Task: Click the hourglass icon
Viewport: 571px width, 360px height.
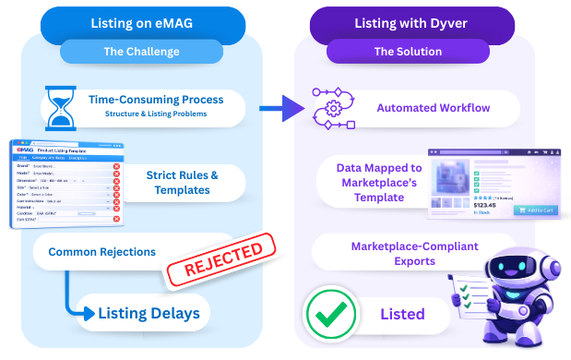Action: point(60,107)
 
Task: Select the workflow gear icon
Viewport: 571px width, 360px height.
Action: point(334,109)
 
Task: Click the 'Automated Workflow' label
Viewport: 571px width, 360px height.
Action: point(433,108)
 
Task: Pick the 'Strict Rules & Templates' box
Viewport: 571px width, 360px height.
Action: point(183,182)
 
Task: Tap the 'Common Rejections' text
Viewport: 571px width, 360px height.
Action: point(101,251)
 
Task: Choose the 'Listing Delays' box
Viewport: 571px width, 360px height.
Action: point(148,314)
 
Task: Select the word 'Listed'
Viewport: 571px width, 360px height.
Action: point(402,315)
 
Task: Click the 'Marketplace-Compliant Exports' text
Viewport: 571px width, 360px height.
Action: point(392,254)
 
